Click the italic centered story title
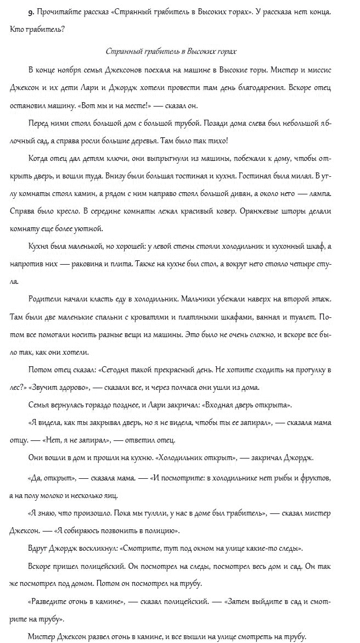coord(171,51)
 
